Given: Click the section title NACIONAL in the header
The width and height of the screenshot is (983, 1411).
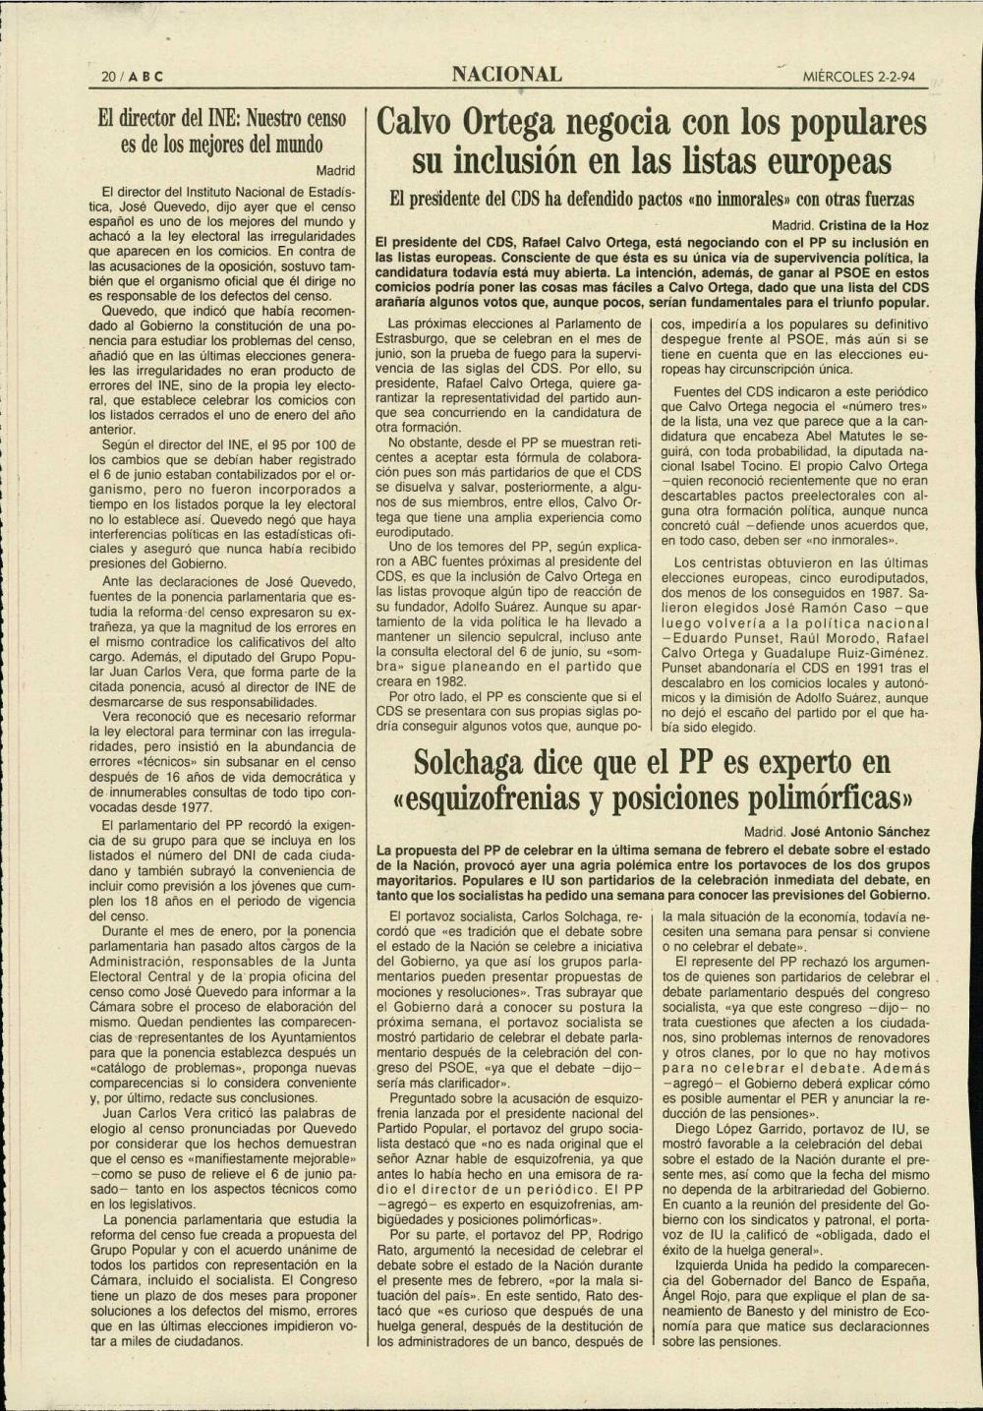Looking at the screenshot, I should (507, 75).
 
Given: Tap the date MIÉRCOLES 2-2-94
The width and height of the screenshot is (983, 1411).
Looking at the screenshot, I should (865, 77).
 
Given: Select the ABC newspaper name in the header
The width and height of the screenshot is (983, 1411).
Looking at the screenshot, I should (135, 77).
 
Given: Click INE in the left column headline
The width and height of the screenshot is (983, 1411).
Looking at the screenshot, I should (214, 119).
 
